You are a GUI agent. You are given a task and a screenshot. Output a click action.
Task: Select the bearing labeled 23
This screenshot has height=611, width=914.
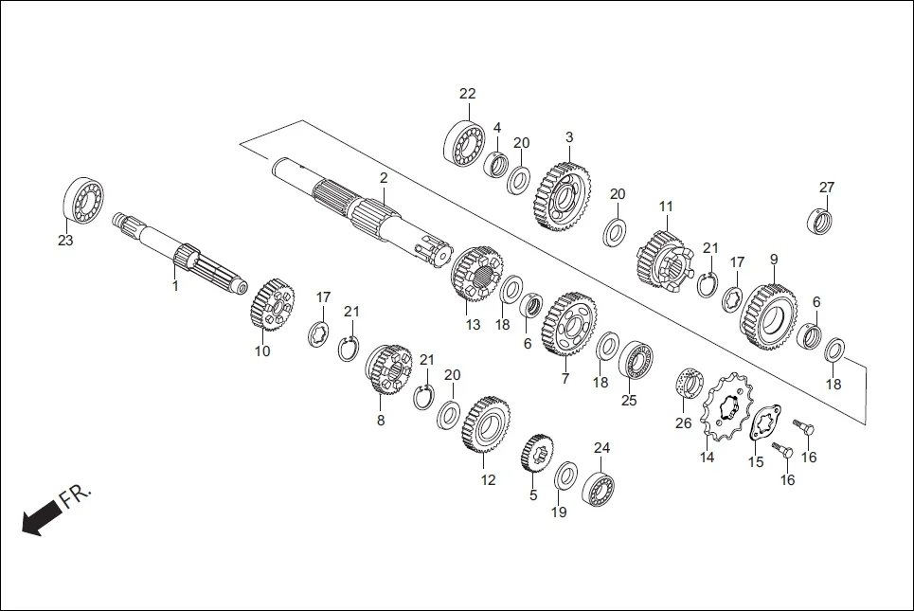[x=83, y=201]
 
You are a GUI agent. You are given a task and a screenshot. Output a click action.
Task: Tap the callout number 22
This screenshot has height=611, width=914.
[x=467, y=94]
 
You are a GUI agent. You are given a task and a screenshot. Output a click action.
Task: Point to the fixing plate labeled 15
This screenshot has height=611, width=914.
[x=764, y=424]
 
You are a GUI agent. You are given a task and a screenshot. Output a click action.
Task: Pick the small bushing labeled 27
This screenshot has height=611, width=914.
[x=820, y=221]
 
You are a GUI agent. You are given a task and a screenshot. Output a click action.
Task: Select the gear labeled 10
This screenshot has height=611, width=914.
[x=273, y=304]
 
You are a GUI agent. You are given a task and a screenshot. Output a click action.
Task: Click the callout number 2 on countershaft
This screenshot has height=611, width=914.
[x=384, y=178]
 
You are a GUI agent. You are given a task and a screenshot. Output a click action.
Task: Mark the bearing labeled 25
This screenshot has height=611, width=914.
[x=636, y=364]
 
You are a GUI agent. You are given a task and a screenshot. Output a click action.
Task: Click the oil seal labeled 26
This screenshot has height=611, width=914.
[x=689, y=384]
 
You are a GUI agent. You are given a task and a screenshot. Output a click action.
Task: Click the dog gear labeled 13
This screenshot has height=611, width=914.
[x=477, y=274]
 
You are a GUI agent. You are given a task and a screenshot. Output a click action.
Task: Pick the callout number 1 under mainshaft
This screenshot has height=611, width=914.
[x=173, y=284]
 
